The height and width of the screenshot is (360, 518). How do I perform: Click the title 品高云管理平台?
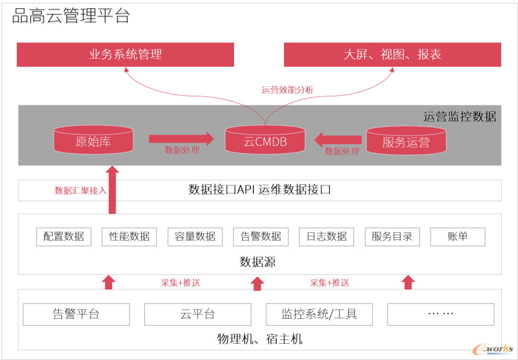pos(71,16)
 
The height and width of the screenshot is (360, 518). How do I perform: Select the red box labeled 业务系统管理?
pos(125,54)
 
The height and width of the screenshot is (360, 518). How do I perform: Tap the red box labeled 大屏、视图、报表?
pos(392,54)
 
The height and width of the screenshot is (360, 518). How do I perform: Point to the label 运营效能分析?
pos(287,90)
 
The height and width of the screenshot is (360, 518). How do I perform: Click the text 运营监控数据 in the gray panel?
pos(459,117)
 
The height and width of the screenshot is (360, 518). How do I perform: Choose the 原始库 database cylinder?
pos(93,140)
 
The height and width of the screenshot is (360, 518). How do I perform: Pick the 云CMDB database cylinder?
pos(265,141)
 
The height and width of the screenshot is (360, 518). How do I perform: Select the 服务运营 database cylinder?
pos(406,141)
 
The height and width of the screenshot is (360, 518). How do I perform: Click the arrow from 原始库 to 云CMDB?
pos(181,139)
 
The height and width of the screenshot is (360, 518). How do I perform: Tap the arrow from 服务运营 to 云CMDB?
pos(338,140)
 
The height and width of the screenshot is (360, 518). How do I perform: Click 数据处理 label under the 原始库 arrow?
pos(182,150)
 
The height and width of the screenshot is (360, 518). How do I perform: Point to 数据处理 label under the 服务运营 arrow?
pos(342,151)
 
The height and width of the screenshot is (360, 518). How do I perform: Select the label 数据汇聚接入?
pos(81,191)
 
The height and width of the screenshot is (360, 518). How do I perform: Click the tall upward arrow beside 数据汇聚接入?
pos(112,190)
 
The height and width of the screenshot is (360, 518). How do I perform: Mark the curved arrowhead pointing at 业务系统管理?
pos(126,70)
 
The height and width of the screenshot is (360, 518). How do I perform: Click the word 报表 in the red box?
pos(429,54)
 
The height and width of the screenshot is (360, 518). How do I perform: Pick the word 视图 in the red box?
pos(392,54)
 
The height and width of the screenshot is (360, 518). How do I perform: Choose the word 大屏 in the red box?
pos(355,54)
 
